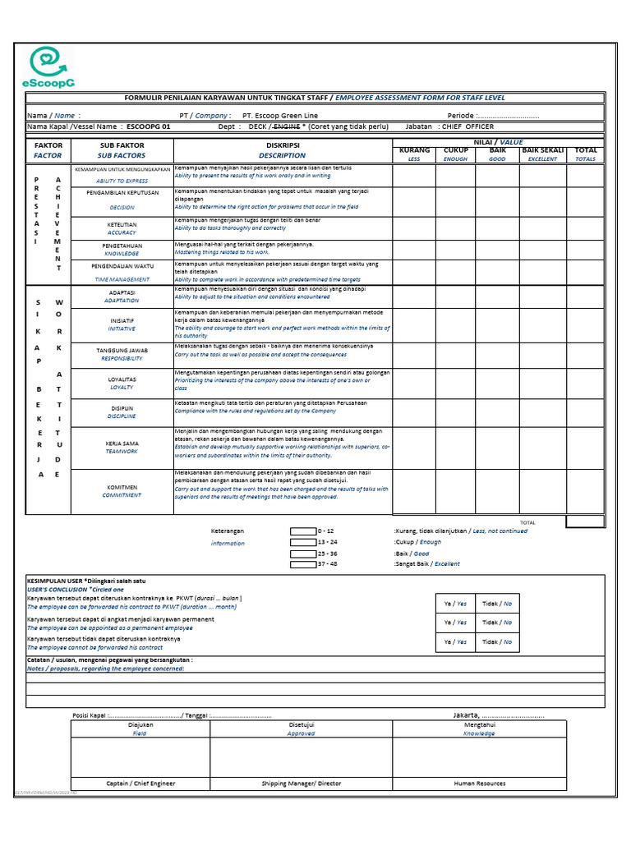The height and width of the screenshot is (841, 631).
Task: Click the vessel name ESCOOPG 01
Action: coord(149,127)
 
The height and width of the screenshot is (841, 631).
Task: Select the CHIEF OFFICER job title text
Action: coord(467,127)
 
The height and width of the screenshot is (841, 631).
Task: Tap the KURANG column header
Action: coord(414,151)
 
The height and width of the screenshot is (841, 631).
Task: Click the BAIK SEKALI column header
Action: coord(542,151)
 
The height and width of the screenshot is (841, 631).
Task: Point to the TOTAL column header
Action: coord(585,151)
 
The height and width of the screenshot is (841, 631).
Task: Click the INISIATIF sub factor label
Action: coord(122,320)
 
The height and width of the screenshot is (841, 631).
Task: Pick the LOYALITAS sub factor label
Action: coord(122,379)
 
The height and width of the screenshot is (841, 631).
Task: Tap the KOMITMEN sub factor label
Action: coord(122,487)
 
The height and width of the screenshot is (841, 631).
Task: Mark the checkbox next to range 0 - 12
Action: coord(302,531)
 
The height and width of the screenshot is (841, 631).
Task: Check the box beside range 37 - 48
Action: coord(302,564)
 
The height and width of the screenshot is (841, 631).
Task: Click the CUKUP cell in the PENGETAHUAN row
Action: coord(456,250)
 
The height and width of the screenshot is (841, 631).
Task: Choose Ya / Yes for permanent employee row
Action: coord(455,623)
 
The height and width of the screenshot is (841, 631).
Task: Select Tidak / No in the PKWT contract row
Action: coord(497,604)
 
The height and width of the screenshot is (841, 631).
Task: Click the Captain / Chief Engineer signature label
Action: coord(140,784)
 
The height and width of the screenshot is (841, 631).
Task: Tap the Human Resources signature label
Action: coord(480,784)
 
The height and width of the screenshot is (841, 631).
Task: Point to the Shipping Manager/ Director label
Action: coord(301,784)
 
